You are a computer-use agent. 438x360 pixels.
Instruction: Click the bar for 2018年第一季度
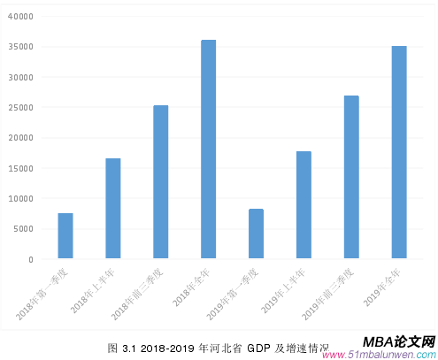coord(65,236)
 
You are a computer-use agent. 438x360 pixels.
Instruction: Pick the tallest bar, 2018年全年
coord(208,149)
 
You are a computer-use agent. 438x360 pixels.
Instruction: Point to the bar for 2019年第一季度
coord(256,234)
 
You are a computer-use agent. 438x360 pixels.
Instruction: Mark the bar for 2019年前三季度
coord(351,177)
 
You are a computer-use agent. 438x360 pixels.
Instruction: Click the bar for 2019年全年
coord(399,152)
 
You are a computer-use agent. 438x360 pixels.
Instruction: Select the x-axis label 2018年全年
coord(193,286)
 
